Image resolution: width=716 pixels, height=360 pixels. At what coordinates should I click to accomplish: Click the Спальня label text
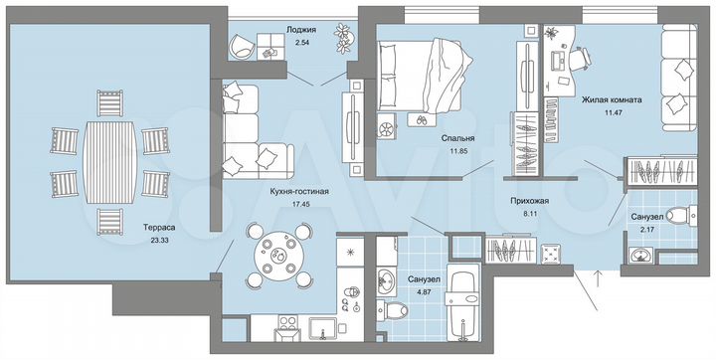457,139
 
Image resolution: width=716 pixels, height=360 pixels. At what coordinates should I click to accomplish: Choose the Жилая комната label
611,100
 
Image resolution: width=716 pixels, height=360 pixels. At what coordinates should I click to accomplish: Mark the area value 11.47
611,112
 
